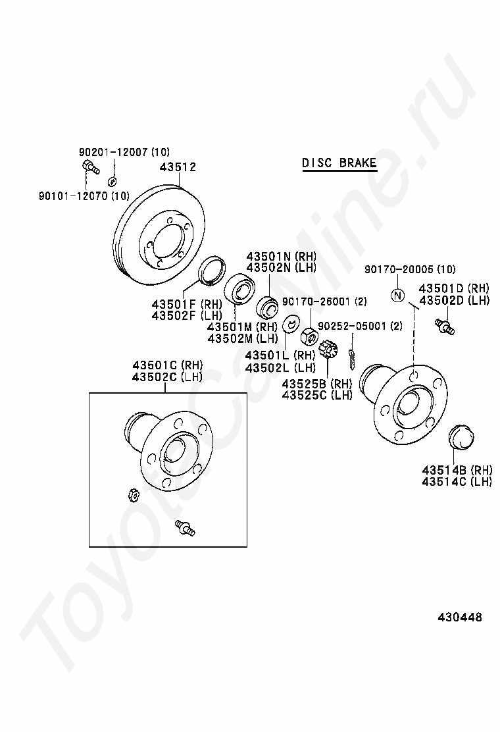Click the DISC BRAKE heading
point(339,163)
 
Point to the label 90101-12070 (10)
point(83,195)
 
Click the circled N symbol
point(397,295)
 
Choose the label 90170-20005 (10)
point(410,269)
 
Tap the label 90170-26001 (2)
point(324,301)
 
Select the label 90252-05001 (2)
point(360,326)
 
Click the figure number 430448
point(461,617)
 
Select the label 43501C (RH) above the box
point(167,365)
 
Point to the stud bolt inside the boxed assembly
point(185,527)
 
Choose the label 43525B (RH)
point(317,384)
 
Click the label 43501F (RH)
point(187,304)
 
